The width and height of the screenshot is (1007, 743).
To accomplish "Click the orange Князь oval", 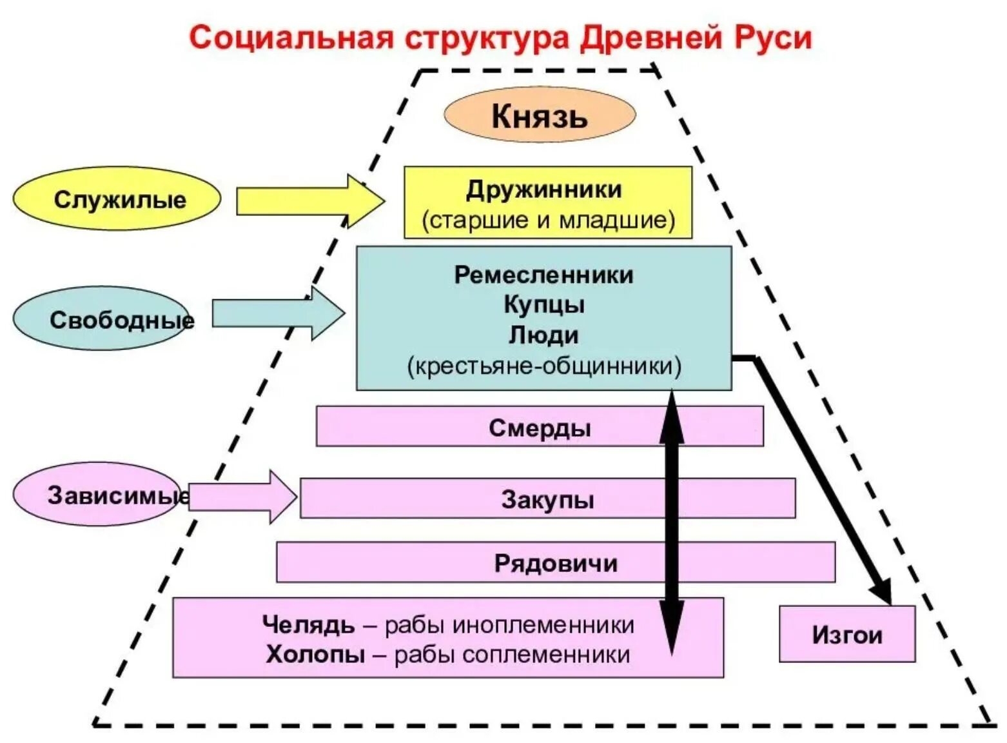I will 540,115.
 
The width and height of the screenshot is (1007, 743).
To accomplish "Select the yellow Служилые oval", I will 117,199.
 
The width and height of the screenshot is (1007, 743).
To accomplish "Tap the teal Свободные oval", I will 102,319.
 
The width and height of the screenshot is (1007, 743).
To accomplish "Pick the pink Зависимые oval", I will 97,495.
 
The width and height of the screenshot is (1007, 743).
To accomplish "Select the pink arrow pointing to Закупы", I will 242,497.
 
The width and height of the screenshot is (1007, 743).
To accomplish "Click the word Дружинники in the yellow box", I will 543,190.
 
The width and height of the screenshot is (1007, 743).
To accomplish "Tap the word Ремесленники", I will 543,275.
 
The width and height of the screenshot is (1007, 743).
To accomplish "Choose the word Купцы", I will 543,304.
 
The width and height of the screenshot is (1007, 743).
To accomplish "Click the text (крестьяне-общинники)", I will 543,366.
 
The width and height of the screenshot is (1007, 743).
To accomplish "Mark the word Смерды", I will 540,428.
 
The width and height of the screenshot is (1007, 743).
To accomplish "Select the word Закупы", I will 547,499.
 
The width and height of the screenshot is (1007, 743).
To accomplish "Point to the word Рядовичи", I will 555,563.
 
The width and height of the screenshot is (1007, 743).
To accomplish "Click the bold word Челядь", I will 308,624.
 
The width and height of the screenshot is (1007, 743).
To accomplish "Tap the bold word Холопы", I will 315,654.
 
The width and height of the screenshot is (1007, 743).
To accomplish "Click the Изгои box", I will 846,635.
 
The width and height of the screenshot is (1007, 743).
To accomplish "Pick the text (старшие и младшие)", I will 548,220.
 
